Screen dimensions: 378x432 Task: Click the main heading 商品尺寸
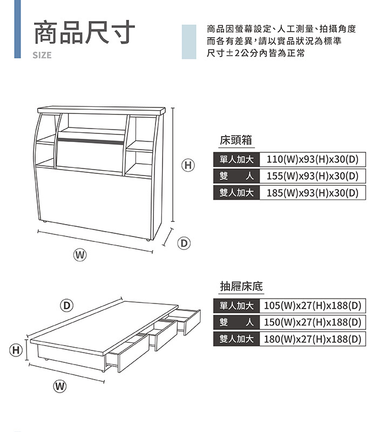click(84, 32)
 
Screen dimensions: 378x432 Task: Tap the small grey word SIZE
click(42, 55)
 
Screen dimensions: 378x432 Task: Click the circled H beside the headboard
click(188, 165)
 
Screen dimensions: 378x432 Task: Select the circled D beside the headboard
click(184, 244)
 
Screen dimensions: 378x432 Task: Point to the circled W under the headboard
click(79, 255)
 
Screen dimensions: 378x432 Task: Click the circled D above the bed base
click(66, 306)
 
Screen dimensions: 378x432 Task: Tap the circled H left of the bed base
click(16, 350)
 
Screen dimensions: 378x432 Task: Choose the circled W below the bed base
click(60, 386)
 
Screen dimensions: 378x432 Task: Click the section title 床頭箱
click(236, 140)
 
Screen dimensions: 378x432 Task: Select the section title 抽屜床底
click(241, 287)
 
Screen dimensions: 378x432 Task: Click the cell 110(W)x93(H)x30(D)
click(313, 159)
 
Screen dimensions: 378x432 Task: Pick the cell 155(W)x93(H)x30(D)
click(313, 176)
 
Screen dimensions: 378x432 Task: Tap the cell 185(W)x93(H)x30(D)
click(313, 193)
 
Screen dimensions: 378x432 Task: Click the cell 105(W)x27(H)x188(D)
click(313, 306)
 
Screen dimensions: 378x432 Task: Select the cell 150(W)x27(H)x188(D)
click(313, 322)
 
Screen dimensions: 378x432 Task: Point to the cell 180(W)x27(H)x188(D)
click(313, 339)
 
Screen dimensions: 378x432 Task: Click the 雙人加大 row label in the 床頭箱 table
click(237, 193)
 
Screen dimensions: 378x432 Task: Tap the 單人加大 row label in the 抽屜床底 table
click(237, 306)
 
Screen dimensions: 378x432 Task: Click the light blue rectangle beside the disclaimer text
click(189, 42)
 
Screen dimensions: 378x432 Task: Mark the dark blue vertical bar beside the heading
click(17, 29)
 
